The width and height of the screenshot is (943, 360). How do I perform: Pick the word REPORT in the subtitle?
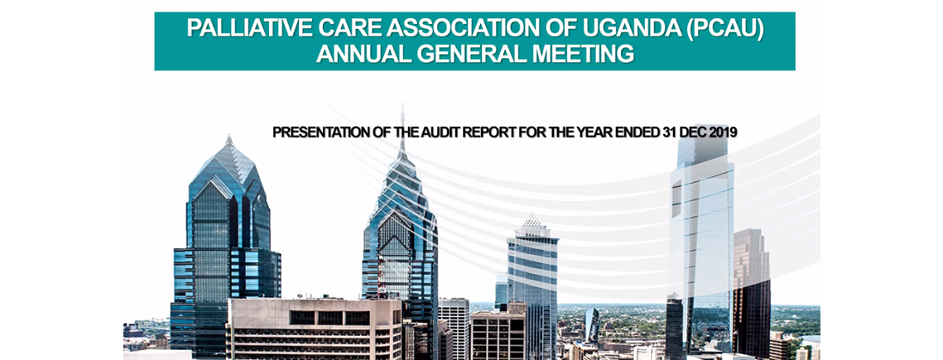[x=484, y=132]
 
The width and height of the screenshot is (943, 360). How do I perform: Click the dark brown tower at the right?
[x=752, y=289]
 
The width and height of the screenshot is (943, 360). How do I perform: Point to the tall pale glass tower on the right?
[x=702, y=240]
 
